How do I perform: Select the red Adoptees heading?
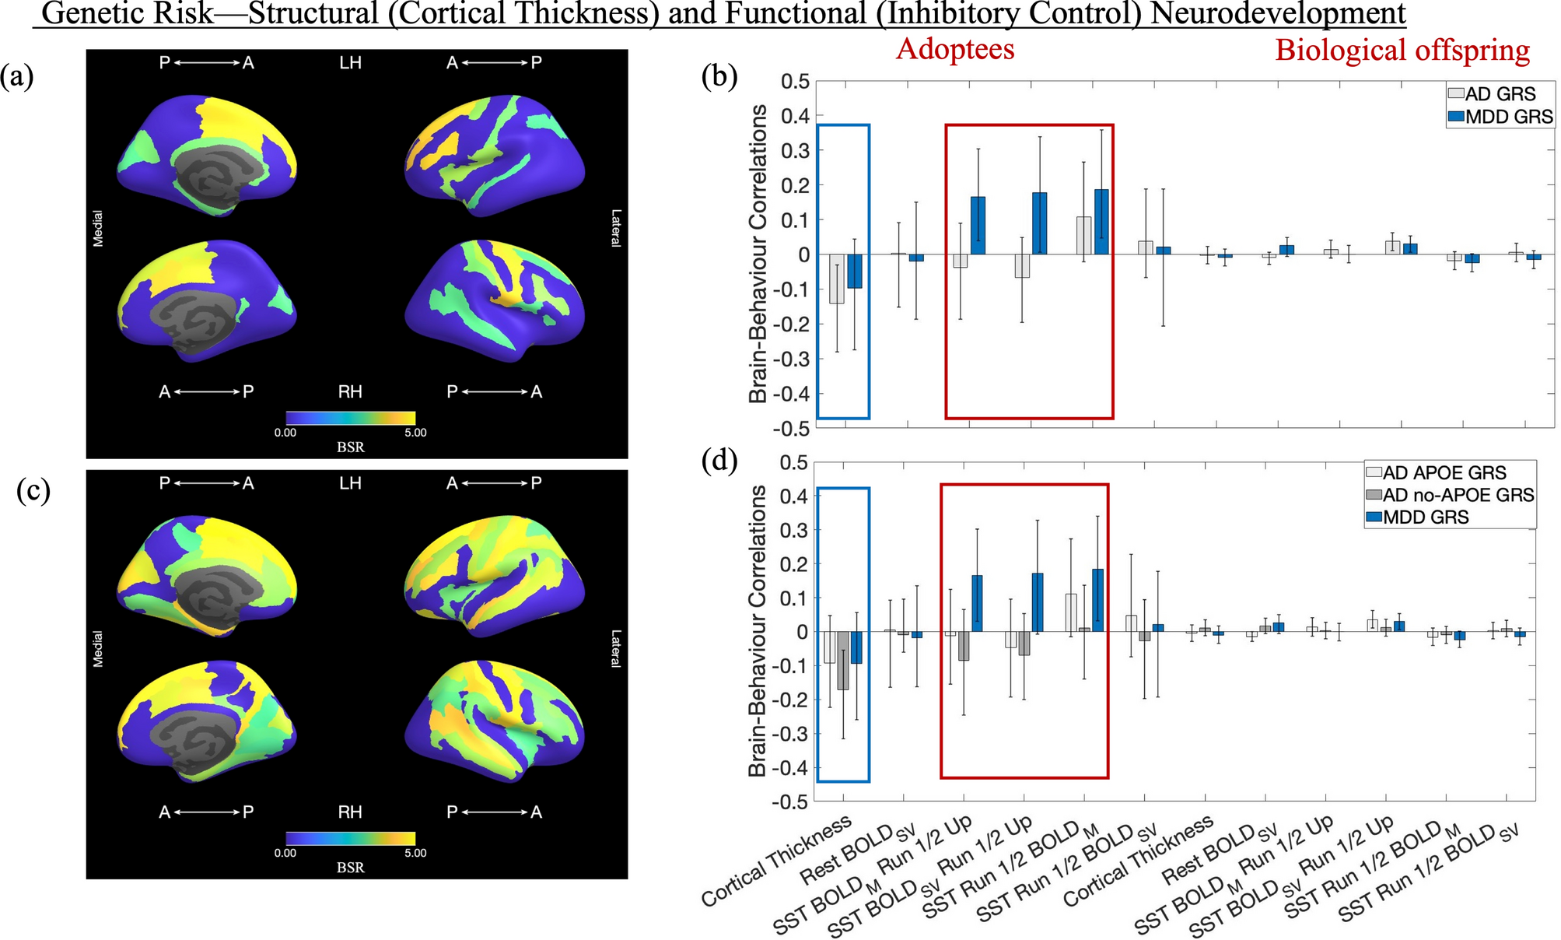[x=955, y=49]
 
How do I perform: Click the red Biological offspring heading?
[x=1402, y=51]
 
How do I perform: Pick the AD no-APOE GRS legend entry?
[x=1451, y=495]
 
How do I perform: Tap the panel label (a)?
[x=17, y=77]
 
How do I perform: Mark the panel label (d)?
[x=719, y=461]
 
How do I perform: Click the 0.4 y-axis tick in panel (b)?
[x=795, y=116]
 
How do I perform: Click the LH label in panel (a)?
[x=350, y=63]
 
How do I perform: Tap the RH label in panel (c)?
[x=350, y=812]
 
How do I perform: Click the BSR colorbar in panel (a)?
[x=350, y=418]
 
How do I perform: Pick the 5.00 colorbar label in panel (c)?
[x=415, y=853]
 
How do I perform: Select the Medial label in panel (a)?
[x=98, y=229]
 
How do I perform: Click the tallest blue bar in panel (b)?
[x=1101, y=222]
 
